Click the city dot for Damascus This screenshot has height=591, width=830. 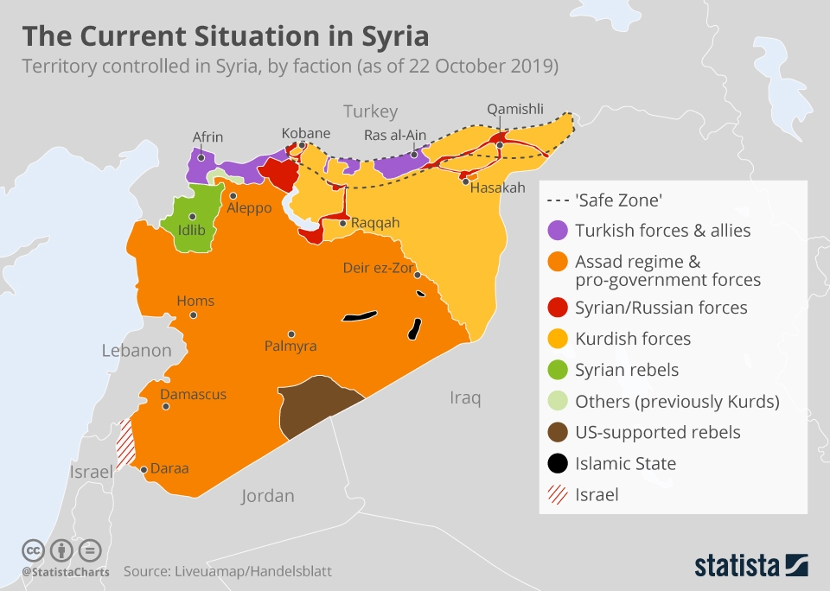[x=164, y=408]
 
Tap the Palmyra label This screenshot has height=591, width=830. [x=290, y=346]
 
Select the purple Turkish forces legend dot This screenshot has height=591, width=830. [x=558, y=231]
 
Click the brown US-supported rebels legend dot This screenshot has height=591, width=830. [x=558, y=432]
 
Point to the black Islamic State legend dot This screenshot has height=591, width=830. [x=558, y=464]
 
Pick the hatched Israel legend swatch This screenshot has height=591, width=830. [x=558, y=495]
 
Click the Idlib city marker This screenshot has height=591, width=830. [x=192, y=217]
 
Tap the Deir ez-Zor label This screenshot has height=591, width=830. [x=378, y=268]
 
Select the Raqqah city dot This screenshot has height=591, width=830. [x=343, y=223]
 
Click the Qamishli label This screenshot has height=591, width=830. [x=515, y=109]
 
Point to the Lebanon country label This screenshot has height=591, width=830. [x=137, y=351]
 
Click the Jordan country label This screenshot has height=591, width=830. [x=267, y=496]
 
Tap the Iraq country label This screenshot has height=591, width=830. [x=464, y=397]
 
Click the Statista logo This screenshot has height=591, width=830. [x=751, y=566]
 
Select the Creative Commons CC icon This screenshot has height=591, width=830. [x=33, y=550]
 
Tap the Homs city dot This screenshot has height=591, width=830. [x=194, y=315]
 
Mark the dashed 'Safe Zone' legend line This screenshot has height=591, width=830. [x=558, y=200]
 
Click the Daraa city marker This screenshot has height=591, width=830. [x=144, y=470]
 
